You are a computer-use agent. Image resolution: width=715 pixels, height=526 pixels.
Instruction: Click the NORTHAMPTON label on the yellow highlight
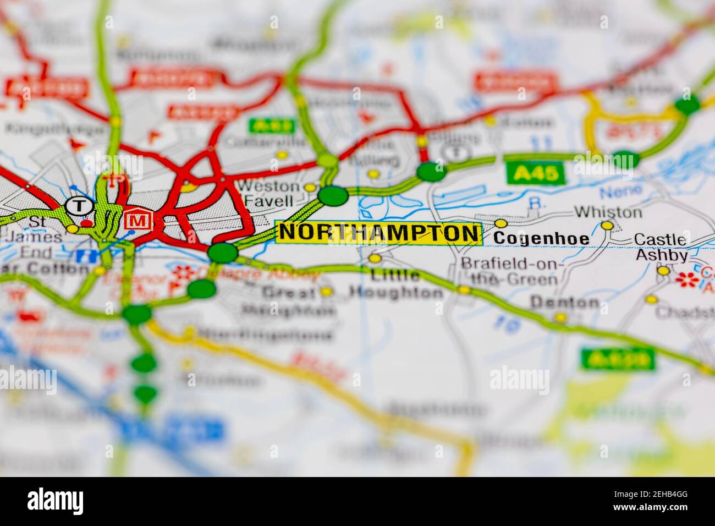coord(379,233)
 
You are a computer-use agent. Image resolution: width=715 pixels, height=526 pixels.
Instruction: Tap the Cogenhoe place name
coord(541,239)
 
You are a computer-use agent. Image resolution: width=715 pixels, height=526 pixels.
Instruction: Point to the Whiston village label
coord(607,212)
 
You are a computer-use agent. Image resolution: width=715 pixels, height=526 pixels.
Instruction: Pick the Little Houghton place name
coord(396,284)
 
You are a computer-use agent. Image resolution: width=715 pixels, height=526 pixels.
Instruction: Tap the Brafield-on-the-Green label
coord(509,271)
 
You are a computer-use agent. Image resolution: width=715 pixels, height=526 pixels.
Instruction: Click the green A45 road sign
coord(536,174)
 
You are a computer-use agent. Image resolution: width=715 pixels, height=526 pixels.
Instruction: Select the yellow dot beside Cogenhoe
coord(501,223)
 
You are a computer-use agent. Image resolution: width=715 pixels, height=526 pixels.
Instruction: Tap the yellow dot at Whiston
coord(607,226)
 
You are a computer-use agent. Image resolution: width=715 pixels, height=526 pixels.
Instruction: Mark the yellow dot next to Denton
coord(560,317)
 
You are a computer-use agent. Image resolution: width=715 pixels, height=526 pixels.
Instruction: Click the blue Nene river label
coord(620,191)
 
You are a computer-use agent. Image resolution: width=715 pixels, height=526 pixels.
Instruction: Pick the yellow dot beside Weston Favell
coord(310,188)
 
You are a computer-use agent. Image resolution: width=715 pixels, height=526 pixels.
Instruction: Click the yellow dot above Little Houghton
coord(375,258)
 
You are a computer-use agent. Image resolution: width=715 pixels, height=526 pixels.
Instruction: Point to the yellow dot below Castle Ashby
coord(664,271)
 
